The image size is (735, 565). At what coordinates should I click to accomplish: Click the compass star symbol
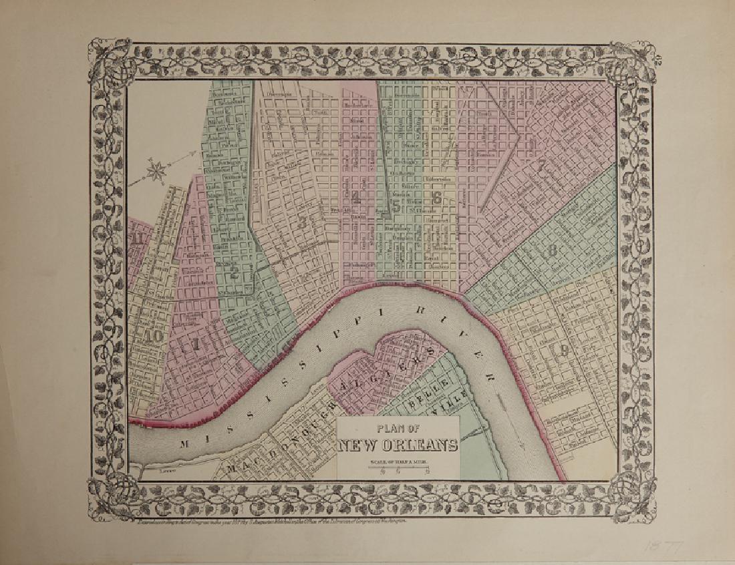click(156, 171)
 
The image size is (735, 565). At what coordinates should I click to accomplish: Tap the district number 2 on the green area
click(234, 271)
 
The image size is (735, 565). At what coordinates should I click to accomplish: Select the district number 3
click(303, 222)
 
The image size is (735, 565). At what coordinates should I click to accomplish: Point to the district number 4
click(356, 197)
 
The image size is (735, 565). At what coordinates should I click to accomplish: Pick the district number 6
click(436, 198)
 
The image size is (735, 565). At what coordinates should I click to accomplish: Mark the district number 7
click(541, 165)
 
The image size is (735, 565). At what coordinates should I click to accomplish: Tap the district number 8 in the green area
click(552, 252)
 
